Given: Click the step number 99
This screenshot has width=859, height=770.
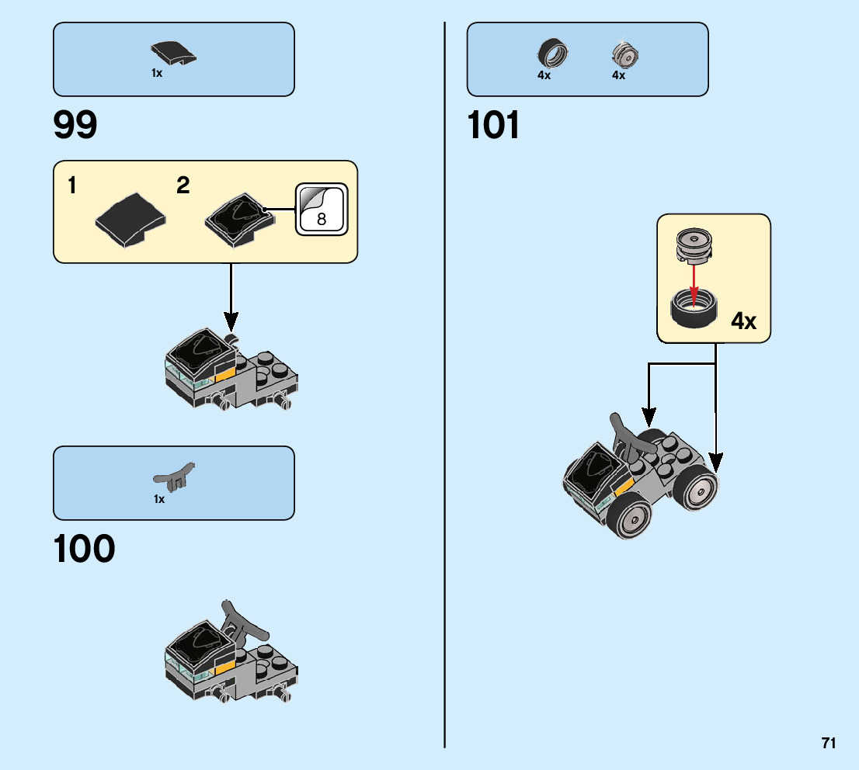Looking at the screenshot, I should (75, 125).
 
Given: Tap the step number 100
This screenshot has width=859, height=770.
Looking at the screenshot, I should (84, 550).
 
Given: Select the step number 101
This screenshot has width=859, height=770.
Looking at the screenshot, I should (494, 125).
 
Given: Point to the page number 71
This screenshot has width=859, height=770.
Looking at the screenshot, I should (829, 743).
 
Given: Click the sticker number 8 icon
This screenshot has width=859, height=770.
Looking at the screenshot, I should (322, 210).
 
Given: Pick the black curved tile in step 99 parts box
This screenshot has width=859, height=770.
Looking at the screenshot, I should (173, 54).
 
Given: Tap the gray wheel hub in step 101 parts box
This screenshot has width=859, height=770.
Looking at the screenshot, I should (624, 54).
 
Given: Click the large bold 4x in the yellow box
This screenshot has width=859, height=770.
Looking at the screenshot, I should (743, 321).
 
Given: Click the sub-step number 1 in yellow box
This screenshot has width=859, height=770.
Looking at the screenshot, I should (71, 186).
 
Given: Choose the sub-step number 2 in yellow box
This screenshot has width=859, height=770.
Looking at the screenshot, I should (183, 186).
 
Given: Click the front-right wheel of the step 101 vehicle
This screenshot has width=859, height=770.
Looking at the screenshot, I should (697, 487).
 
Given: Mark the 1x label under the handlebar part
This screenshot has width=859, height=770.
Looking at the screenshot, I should (159, 499).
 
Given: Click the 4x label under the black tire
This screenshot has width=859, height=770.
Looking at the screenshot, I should (544, 75).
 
